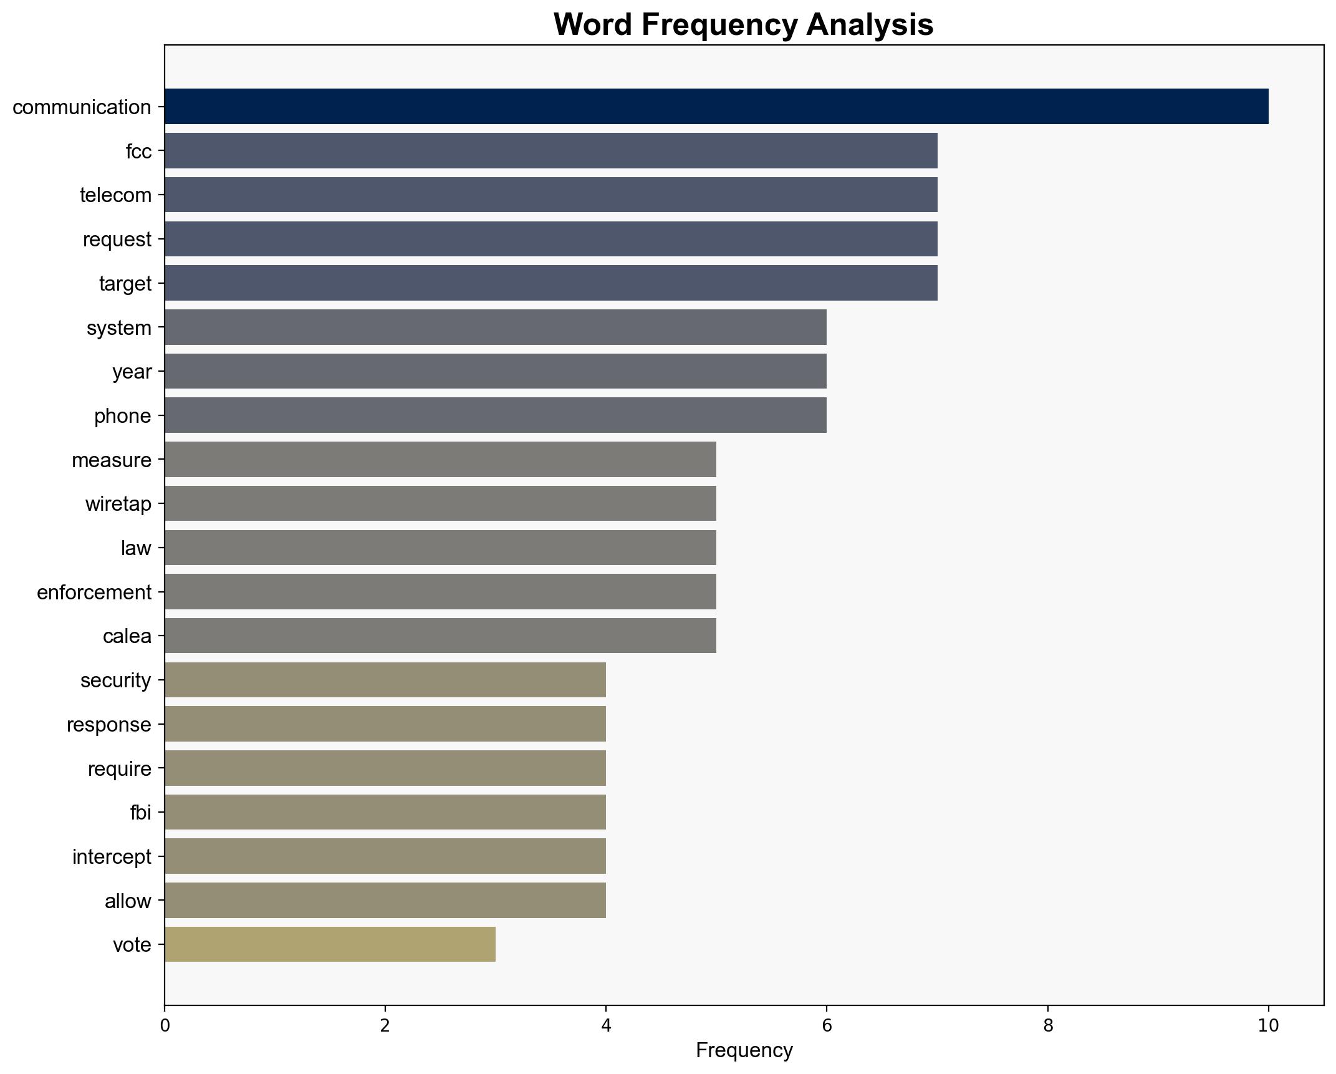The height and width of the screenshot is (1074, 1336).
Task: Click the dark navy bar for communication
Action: tap(716, 107)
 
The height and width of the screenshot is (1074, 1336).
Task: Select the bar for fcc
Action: tap(550, 151)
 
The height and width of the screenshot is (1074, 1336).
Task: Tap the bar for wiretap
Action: tap(440, 503)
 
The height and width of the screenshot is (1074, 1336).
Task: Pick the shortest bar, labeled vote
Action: tap(330, 944)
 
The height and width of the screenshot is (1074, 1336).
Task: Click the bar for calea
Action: tap(440, 636)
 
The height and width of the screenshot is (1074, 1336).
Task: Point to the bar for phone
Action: tap(495, 415)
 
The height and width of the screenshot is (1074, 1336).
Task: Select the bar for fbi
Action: tap(385, 812)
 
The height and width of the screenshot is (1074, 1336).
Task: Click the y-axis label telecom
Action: tap(115, 195)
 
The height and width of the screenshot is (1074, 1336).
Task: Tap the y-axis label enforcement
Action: tap(94, 592)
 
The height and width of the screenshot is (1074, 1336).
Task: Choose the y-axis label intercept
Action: tap(112, 856)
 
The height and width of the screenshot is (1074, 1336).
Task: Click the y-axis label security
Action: tap(115, 680)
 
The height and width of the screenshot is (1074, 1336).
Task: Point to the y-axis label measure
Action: tap(112, 460)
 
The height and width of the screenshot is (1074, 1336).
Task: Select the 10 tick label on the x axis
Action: tap(1267, 1025)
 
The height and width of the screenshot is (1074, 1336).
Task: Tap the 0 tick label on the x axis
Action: tap(165, 1025)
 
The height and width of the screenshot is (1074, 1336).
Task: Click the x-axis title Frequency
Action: tap(744, 1051)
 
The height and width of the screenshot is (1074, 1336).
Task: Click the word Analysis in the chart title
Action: tap(869, 25)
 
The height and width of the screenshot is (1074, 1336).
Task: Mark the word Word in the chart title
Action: tap(592, 25)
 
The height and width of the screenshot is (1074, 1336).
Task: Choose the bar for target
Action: tap(550, 283)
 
